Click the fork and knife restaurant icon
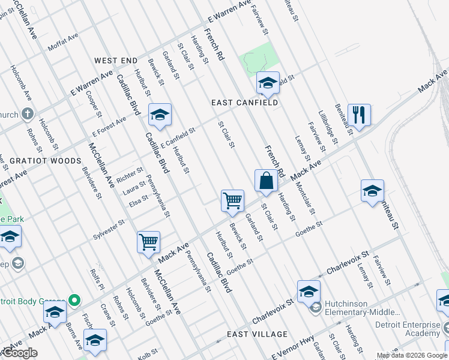click(x=359, y=115)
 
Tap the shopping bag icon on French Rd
click(x=266, y=180)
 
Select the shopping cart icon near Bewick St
click(x=232, y=200)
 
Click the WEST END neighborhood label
click(x=116, y=61)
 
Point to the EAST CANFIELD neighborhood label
click(x=244, y=103)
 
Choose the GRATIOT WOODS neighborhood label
click(x=46, y=161)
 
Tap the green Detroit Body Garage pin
click(x=74, y=299)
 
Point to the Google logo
click(x=20, y=353)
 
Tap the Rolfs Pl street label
click(x=95, y=277)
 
